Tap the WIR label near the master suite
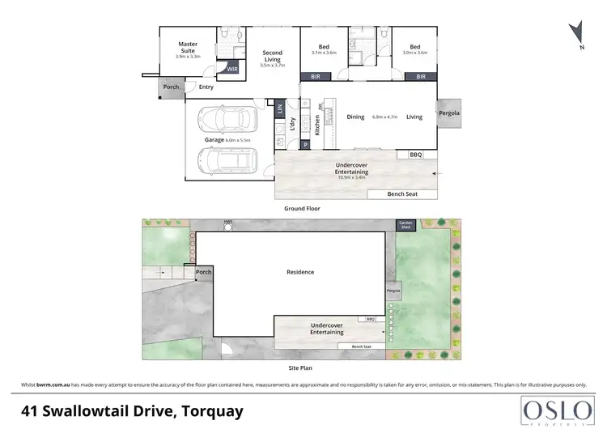[232, 70]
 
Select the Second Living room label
[273, 57]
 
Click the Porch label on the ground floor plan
[171, 87]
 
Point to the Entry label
[206, 87]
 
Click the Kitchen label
[318, 124]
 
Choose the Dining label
[356, 117]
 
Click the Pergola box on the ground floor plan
[448, 113]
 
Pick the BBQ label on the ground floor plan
[416, 154]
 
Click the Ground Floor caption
[302, 208]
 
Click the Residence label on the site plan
[301, 272]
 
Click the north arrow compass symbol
[576, 32]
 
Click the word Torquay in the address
[210, 410]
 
